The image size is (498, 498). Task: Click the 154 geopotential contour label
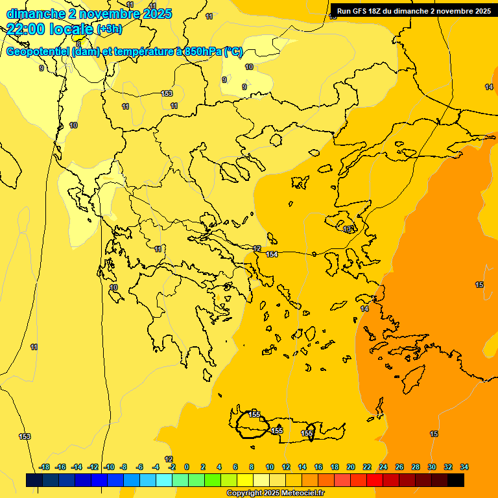pos(272,254)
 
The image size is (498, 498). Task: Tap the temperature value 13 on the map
pos(348,229)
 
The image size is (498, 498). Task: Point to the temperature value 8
pos(78,44)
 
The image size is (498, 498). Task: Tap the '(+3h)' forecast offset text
pos(109,29)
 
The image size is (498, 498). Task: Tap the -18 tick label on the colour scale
pos(44,467)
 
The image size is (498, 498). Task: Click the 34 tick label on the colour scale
pos(464,467)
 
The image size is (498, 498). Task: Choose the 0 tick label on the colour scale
pos(187,467)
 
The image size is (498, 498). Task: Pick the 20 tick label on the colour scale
pos(351,467)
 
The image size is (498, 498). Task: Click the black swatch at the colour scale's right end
pos(456,480)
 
